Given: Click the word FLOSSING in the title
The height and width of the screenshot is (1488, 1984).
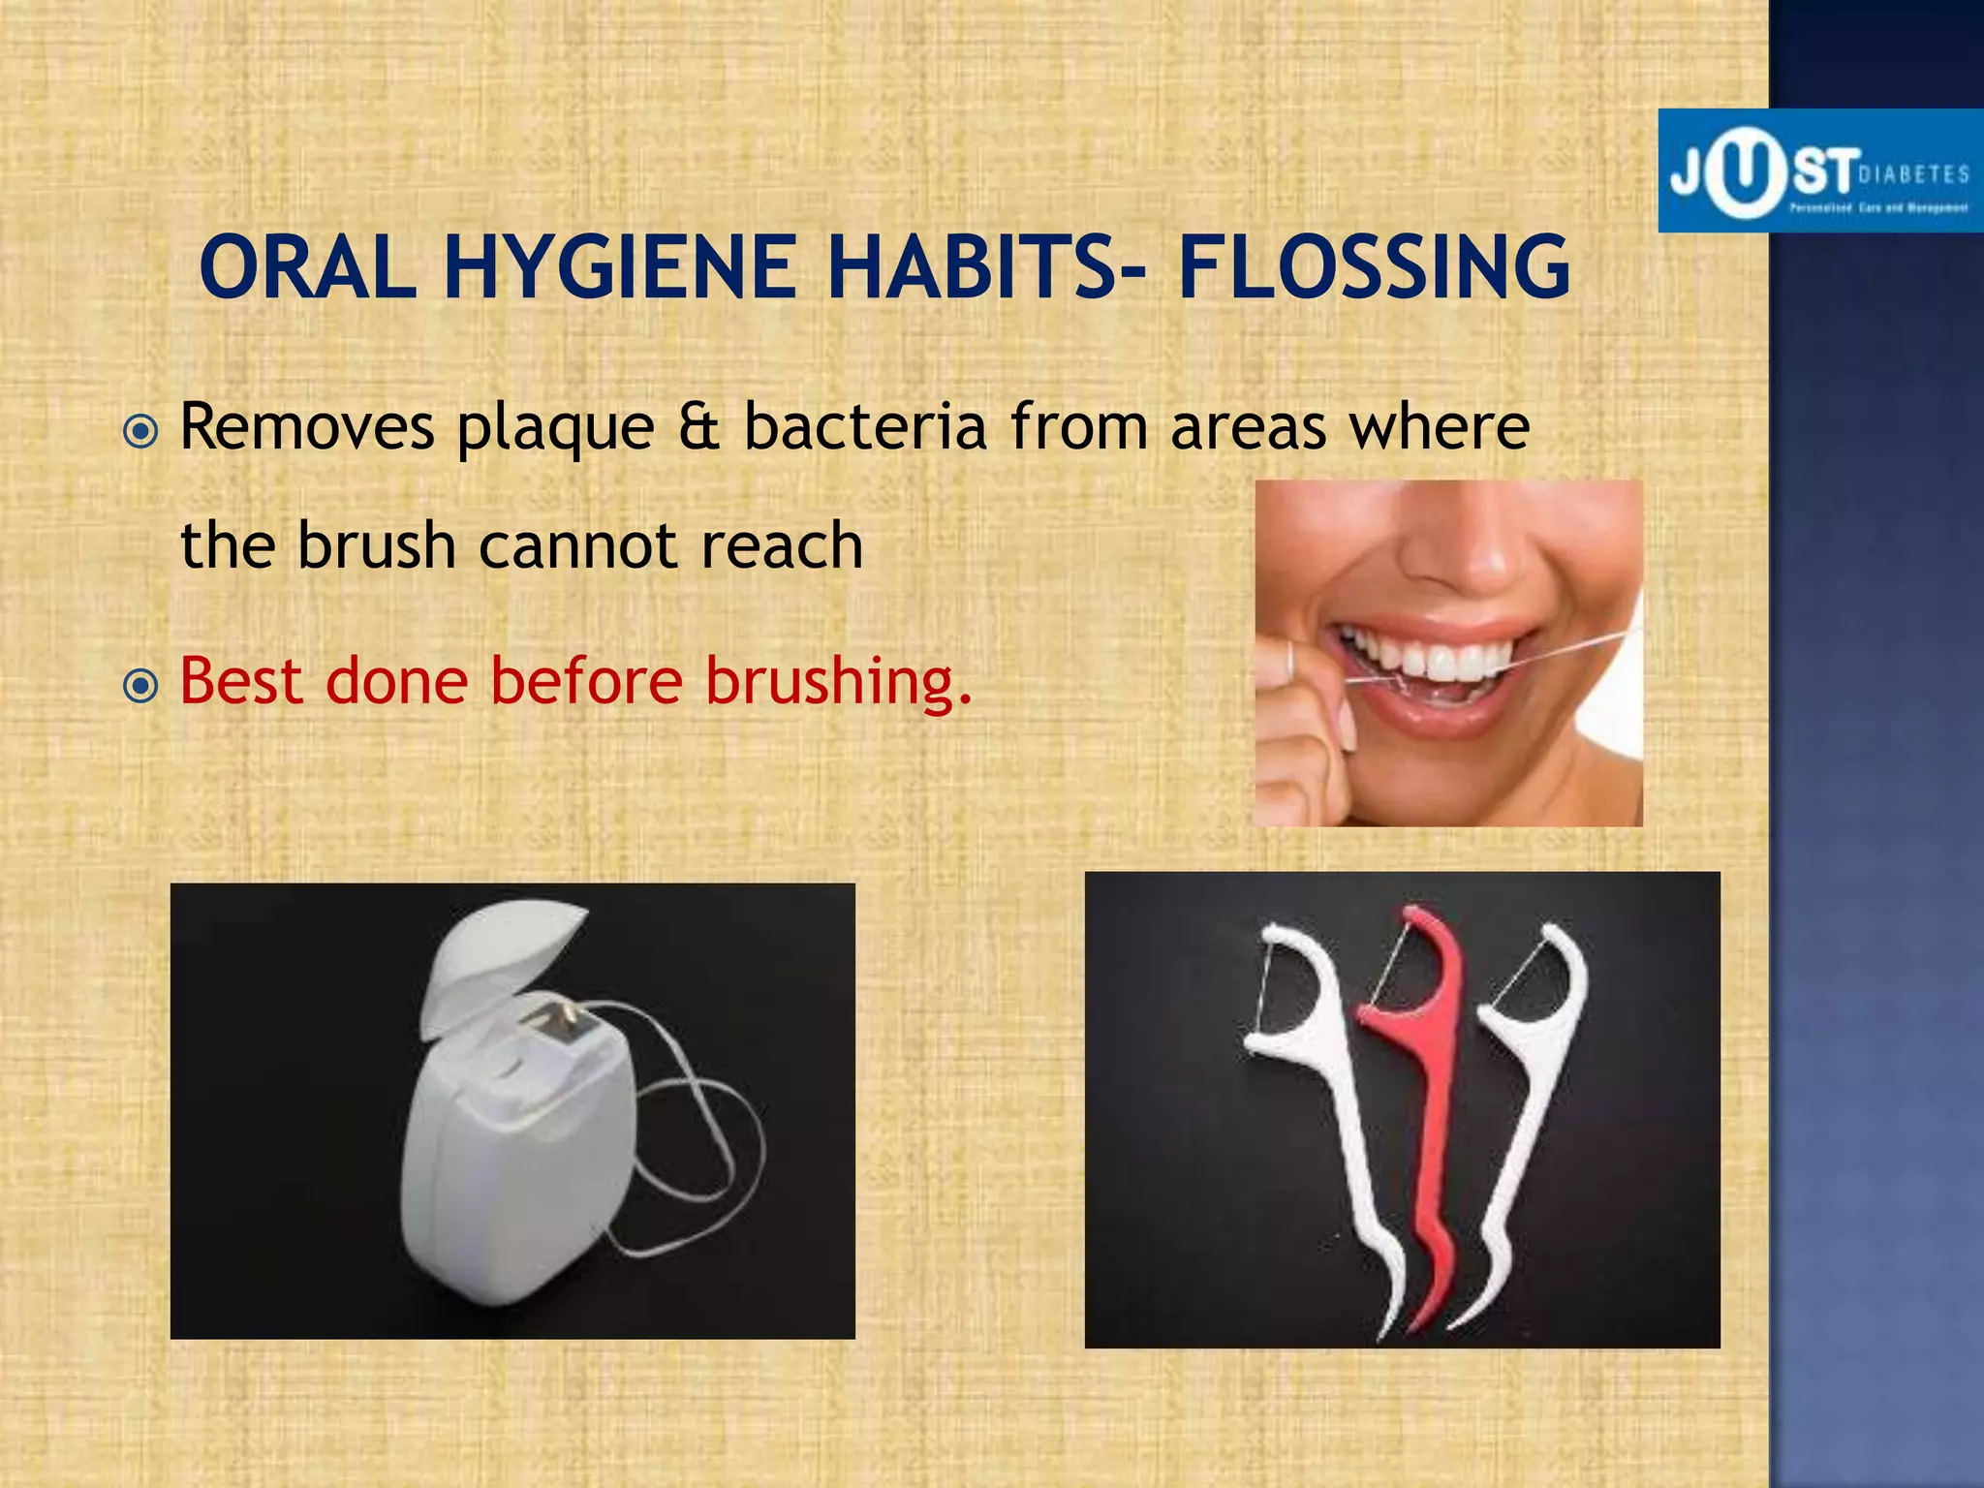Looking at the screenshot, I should click(x=1374, y=268).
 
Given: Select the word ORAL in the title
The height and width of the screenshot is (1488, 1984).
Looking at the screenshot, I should click(x=307, y=268).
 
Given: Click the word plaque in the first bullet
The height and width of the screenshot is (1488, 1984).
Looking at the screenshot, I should click(x=555, y=428).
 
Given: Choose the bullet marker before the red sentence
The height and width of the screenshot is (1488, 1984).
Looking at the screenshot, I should click(x=141, y=686).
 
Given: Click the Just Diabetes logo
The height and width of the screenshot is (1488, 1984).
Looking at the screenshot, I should click(x=1819, y=171).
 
